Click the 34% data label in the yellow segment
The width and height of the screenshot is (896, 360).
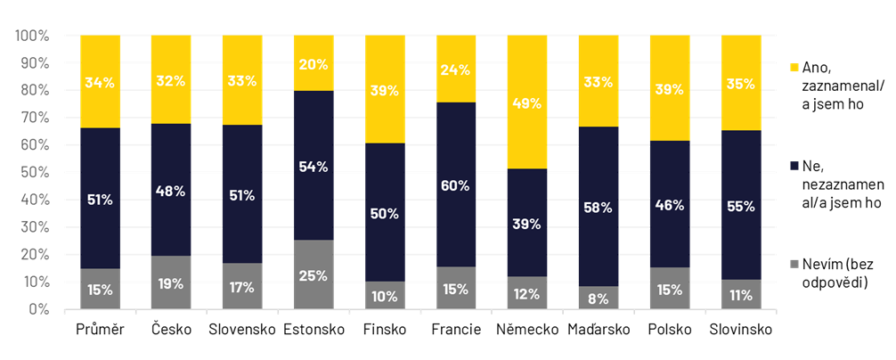(x=100, y=83)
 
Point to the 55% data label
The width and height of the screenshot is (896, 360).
(x=741, y=207)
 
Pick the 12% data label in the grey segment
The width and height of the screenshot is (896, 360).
(x=527, y=294)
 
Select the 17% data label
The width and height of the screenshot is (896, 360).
(x=242, y=288)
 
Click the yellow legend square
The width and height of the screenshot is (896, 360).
(x=794, y=68)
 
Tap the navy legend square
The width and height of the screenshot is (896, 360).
(x=794, y=166)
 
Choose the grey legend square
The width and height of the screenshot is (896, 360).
(x=794, y=264)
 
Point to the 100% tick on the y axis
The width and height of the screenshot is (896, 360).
(x=32, y=36)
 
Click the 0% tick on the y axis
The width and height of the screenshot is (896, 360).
(x=38, y=309)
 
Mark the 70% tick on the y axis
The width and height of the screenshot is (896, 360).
(x=35, y=118)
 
